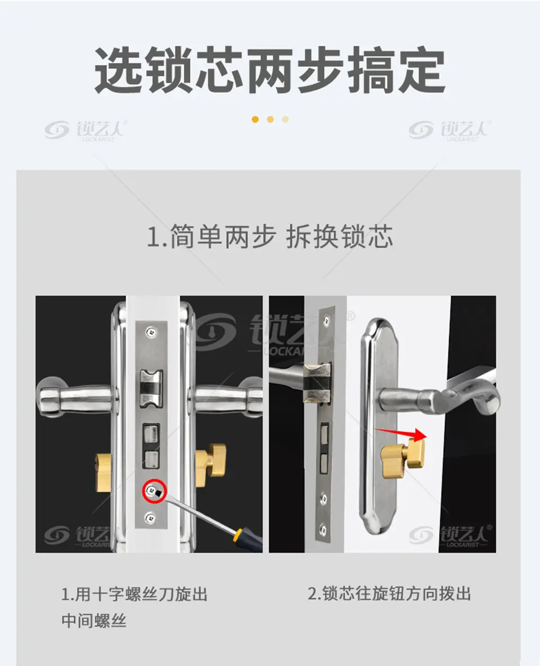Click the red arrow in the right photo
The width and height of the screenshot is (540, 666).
[401, 434]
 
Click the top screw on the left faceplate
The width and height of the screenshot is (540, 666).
[151, 332]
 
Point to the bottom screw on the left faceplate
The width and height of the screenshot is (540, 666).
[150, 517]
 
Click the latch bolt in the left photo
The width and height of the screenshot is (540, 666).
[151, 388]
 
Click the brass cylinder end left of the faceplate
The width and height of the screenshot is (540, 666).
[103, 472]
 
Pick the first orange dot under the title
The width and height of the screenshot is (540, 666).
[255, 119]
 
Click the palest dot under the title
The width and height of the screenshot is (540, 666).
[285, 119]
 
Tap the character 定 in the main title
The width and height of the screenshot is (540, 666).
[421, 70]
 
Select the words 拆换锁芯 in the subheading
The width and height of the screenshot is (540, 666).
[339, 237]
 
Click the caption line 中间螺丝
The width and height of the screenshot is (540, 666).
[94, 620]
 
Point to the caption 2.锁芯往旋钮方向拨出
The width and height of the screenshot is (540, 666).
[390, 594]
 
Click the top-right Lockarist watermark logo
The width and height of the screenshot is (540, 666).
[450, 130]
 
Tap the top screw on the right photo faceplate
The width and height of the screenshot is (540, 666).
[327, 320]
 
